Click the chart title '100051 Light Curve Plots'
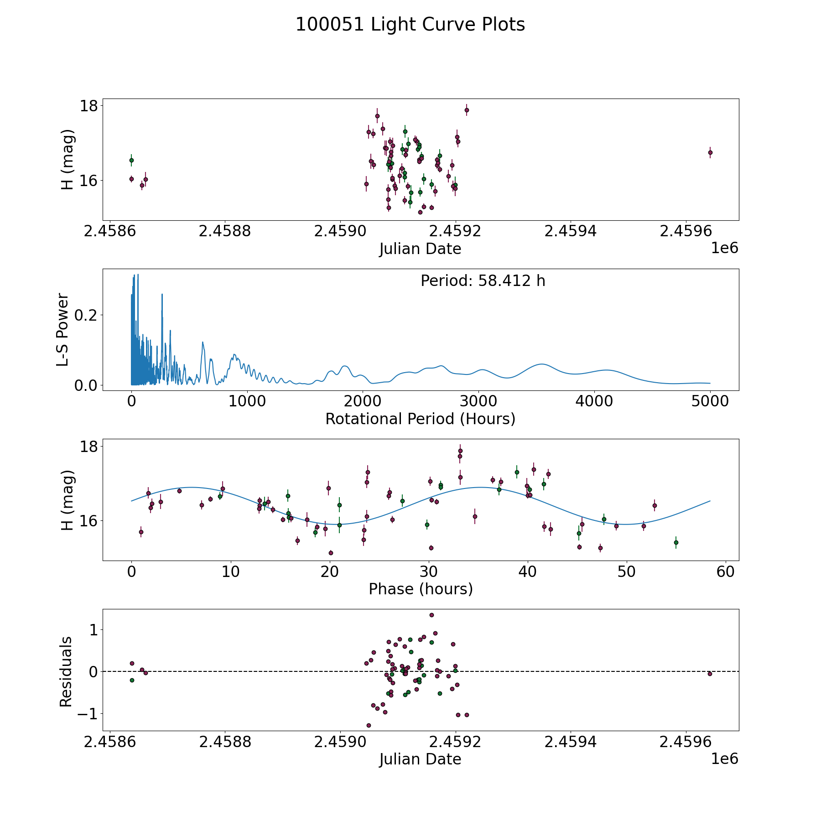pyautogui.click(x=410, y=25)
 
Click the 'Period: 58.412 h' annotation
pyautogui.click(x=483, y=281)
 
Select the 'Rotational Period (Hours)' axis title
pyautogui.click(x=420, y=419)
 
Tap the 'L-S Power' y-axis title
pyautogui.click(x=63, y=330)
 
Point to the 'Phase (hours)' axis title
pyautogui.click(x=420, y=589)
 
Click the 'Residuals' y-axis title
pyautogui.click(x=66, y=671)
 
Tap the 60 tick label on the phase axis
pyautogui.click(x=725, y=572)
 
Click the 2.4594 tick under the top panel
pyautogui.click(x=571, y=231)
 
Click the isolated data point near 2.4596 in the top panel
pyautogui.click(x=710, y=152)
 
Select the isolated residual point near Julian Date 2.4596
pyautogui.click(x=710, y=674)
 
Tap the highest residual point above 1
pyautogui.click(x=431, y=615)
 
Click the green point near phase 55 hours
pyautogui.click(x=676, y=542)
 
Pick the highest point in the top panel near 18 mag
pyautogui.click(x=467, y=110)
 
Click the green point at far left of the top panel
pyautogui.click(x=131, y=160)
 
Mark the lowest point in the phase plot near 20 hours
pyautogui.click(x=331, y=553)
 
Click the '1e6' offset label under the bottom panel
pyautogui.click(x=724, y=759)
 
